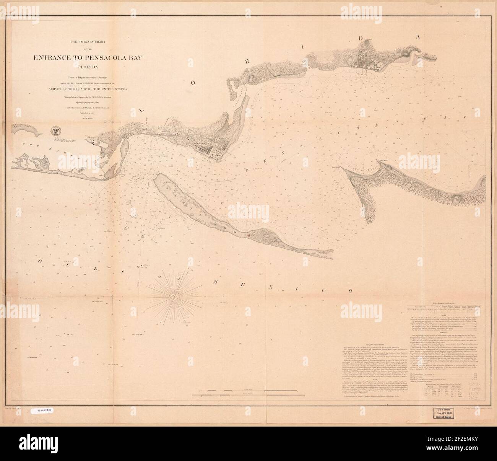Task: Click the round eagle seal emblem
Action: (x=57, y=131)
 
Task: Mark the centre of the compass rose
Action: (x=175, y=294)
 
